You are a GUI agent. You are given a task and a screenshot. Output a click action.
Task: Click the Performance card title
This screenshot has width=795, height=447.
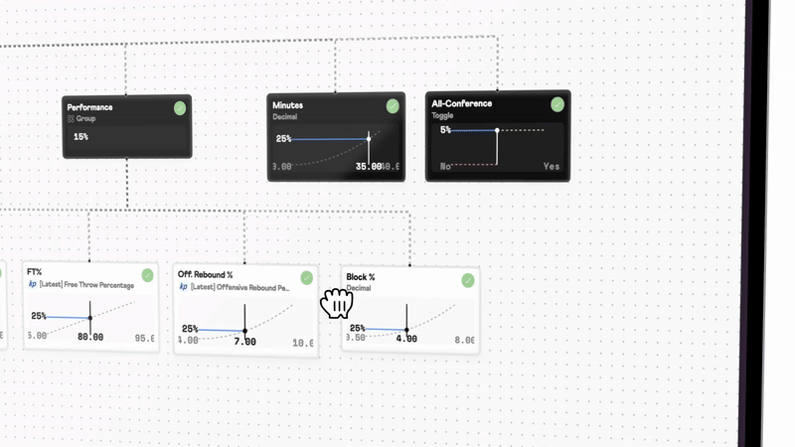pos(89,106)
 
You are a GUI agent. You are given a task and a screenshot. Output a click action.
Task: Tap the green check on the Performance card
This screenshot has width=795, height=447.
pos(179,107)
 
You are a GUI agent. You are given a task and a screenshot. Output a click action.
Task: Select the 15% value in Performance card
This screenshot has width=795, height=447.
pos(80,136)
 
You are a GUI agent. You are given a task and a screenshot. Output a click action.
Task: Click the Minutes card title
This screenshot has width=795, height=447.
pos(287,104)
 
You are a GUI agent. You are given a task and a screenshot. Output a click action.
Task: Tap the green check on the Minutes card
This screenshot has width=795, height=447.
pos(393,105)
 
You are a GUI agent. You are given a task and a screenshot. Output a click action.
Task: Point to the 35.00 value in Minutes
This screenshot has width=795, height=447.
pos(368,167)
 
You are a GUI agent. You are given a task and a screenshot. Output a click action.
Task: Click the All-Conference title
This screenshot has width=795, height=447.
pos(461,103)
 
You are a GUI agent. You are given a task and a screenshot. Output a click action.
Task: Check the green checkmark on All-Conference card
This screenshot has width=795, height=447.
pos(557,103)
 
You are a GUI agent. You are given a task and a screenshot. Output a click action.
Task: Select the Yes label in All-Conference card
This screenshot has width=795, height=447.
pos(552,167)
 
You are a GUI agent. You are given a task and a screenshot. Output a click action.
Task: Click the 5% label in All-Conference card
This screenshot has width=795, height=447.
pos(446,130)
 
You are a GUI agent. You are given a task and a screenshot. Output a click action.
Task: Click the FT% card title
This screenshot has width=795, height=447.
pos(34,272)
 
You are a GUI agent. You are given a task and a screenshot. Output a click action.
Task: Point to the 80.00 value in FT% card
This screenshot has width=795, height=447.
pos(91,338)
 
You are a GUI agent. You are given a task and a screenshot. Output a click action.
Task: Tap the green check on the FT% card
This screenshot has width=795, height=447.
pos(147,274)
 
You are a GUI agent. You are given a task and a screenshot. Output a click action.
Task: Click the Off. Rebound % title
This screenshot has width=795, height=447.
pos(205,274)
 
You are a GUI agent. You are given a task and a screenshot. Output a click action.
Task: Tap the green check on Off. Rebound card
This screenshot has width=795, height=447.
pos(306,277)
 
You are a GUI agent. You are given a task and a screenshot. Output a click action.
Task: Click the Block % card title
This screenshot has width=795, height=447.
pos(360,277)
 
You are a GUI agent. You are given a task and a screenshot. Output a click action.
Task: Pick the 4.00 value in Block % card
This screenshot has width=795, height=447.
pos(406,339)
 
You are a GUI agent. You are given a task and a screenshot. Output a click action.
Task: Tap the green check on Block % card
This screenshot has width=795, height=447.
pos(468,280)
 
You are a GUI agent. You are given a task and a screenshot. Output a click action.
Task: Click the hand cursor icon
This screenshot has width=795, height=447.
pos(337,304)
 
